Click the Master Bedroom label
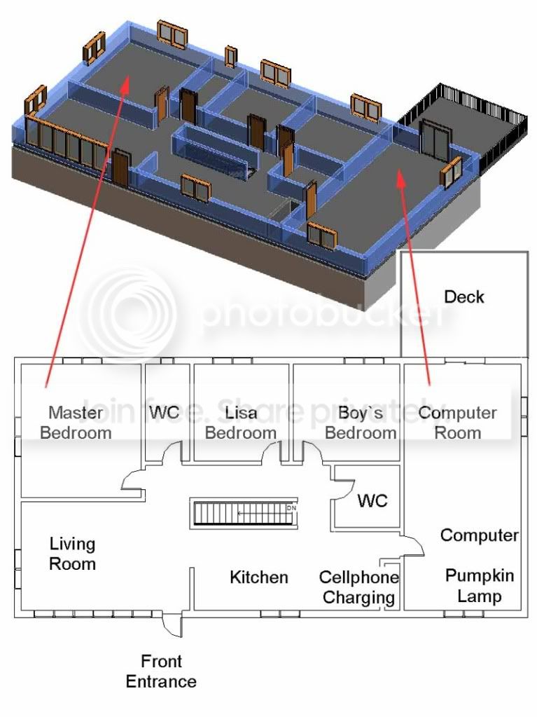click(76, 422)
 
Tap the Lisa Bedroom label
click(240, 422)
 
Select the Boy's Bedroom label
click(360, 422)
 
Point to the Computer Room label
click(458, 422)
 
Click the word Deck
click(463, 296)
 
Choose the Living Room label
click(72, 553)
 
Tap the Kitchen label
click(259, 577)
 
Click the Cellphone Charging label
click(359, 587)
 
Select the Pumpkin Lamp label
click(480, 586)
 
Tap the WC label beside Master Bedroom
click(165, 412)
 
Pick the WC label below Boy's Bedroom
click(372, 500)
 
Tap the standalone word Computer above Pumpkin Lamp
click(479, 535)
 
